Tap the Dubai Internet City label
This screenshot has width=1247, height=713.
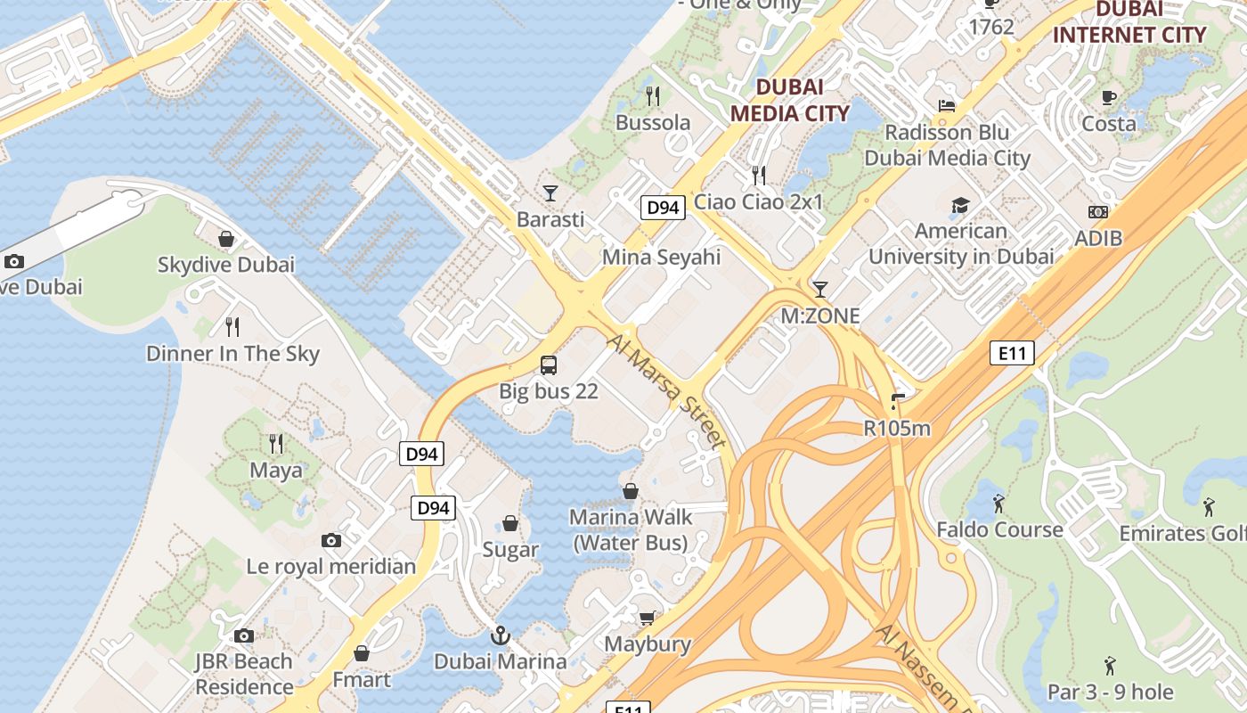[x=1129, y=23]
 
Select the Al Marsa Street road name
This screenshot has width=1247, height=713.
[x=666, y=390]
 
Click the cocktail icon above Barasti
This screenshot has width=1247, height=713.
[x=551, y=193]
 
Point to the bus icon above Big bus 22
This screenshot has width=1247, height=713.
[x=549, y=365]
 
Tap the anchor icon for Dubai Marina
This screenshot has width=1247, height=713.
[x=500, y=635]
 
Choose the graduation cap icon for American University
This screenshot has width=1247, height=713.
[x=960, y=206]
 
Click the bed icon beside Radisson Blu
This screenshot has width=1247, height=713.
[x=947, y=105]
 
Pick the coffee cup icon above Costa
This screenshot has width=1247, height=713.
[x=1109, y=98]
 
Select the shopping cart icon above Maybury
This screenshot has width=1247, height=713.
[x=648, y=619]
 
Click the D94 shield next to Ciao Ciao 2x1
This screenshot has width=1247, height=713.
[x=663, y=208]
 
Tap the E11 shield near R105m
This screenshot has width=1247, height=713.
[x=1012, y=353]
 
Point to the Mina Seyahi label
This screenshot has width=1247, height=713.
[x=661, y=258]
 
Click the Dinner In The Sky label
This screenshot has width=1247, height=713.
[x=232, y=354]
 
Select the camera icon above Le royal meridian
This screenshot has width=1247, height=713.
[x=331, y=541]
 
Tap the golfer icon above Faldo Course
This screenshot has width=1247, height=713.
[x=999, y=504]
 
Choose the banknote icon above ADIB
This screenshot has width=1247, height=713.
[x=1098, y=212]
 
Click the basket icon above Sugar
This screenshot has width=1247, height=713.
[x=510, y=523]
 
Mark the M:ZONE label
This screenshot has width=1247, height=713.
[x=820, y=316]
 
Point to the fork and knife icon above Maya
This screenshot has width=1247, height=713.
[x=276, y=443]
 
